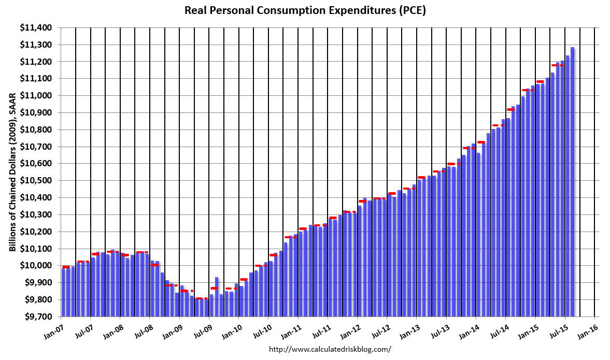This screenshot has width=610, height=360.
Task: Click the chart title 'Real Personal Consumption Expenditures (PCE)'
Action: (x=305, y=10)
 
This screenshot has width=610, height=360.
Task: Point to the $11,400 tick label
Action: (x=38, y=28)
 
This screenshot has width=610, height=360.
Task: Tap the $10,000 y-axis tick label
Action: (x=38, y=266)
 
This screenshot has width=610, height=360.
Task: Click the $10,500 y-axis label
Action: (x=38, y=181)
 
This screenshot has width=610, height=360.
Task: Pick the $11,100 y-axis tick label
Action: (x=38, y=79)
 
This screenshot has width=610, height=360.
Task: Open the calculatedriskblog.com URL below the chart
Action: (x=330, y=350)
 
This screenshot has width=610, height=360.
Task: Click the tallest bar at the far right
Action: (x=573, y=181)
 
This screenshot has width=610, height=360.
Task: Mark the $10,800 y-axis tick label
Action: (x=38, y=129)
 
